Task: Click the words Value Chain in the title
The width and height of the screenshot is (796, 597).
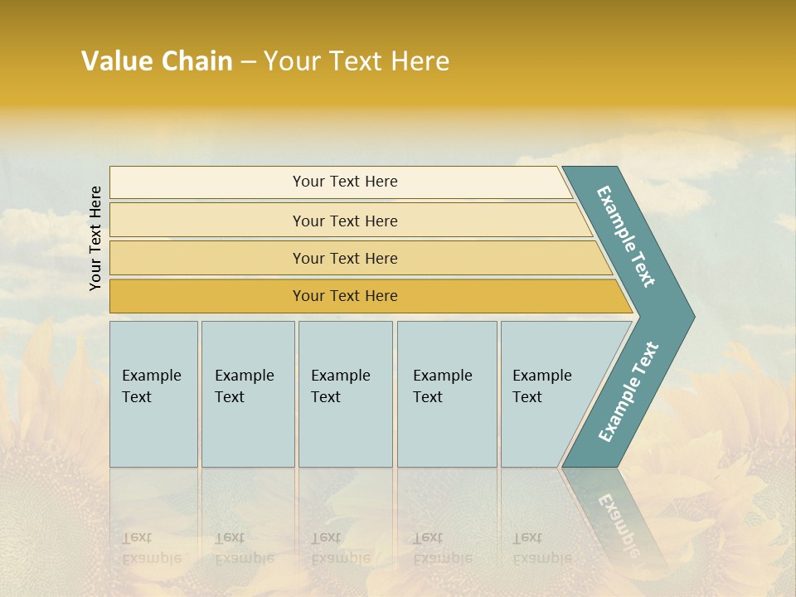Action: tap(157, 61)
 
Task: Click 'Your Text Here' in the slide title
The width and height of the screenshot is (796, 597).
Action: tap(357, 61)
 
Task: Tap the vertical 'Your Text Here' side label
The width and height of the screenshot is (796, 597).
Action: tap(95, 238)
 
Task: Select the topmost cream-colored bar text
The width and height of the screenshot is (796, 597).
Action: tap(345, 182)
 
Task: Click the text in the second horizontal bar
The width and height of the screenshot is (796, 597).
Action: tap(345, 221)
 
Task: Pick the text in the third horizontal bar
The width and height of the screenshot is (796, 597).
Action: tap(345, 259)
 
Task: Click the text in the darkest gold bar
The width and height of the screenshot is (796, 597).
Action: tap(345, 296)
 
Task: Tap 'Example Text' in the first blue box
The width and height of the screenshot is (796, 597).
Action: tap(151, 386)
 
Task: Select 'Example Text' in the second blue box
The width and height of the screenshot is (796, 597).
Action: tap(244, 386)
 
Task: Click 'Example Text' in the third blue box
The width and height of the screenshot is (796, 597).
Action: tap(340, 386)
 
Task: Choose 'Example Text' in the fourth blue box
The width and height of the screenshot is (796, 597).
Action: tap(442, 386)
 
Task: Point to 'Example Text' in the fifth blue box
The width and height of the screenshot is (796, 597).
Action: tap(541, 386)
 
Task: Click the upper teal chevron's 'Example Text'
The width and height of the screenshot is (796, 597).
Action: tap(627, 236)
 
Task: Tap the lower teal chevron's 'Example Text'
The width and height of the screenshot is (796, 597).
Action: tap(629, 392)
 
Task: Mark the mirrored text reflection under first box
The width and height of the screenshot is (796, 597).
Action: tap(151, 548)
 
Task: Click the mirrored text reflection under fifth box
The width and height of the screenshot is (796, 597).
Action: tap(541, 548)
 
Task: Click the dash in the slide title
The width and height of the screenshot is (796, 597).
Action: tap(248, 62)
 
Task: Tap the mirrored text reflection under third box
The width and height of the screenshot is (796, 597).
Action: tap(340, 548)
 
